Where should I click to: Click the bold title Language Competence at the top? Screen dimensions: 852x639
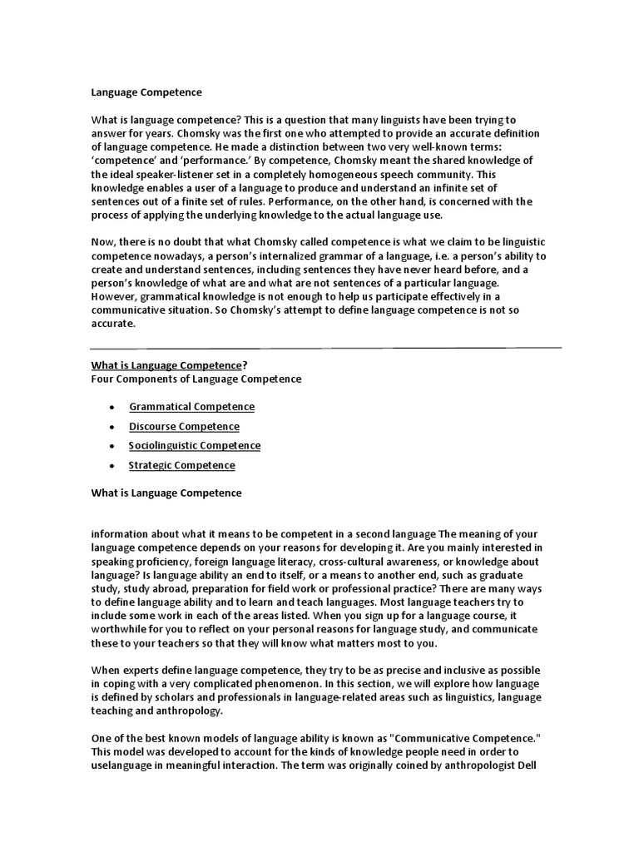146,93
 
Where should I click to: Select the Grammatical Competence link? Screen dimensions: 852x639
191,407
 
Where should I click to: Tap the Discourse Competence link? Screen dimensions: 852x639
184,427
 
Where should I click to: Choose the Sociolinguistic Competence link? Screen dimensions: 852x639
195,446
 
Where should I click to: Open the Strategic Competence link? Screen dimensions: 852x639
181,465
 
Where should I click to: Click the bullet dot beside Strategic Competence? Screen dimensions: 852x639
111,466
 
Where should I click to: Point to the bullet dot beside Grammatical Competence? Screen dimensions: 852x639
111,408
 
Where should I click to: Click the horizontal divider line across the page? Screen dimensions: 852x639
325,347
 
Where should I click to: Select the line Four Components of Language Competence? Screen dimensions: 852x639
196,379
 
